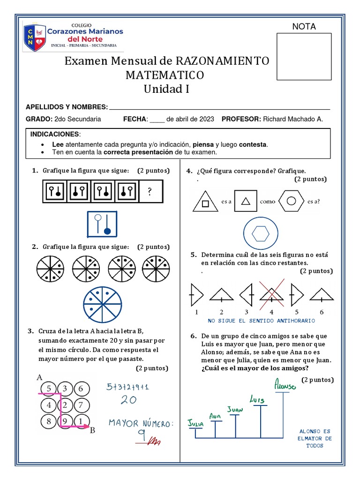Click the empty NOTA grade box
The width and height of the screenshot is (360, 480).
pos(304,57)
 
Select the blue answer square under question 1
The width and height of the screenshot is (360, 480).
pos(102,224)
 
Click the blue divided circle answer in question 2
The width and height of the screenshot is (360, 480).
pos(102,304)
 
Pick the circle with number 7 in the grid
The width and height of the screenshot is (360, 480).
pos(81,405)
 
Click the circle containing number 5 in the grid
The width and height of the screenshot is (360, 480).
pos(49,388)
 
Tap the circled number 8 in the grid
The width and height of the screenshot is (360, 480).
pos(49,421)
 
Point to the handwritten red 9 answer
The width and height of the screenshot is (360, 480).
pos(140,437)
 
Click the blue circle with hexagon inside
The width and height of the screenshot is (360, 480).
pos(261,233)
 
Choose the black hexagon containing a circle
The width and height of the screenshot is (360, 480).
pos(291,202)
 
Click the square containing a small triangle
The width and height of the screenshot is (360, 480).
pos(246,202)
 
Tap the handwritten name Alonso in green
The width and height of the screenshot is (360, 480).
pos(285,385)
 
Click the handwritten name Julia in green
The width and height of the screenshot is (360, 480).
pos(195,423)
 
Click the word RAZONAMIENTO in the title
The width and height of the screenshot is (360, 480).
pos(222,61)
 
